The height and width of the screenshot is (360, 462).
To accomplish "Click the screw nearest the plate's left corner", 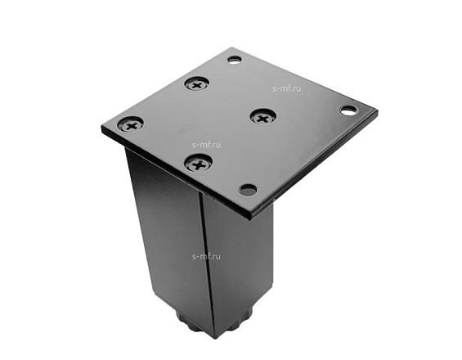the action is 131,124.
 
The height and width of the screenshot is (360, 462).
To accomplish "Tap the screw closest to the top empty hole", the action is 196,84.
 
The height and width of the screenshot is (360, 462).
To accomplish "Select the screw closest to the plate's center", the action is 262,117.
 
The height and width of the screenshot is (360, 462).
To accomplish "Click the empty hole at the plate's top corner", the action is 235,60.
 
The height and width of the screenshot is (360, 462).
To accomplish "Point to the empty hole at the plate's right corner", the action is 349,110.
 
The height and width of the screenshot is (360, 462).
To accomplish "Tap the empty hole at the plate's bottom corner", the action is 248,189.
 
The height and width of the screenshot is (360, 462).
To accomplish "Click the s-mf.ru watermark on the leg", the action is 206,256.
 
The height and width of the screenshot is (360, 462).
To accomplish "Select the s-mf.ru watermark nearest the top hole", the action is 287,88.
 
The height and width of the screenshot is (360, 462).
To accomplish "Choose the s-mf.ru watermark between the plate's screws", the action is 206,145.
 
